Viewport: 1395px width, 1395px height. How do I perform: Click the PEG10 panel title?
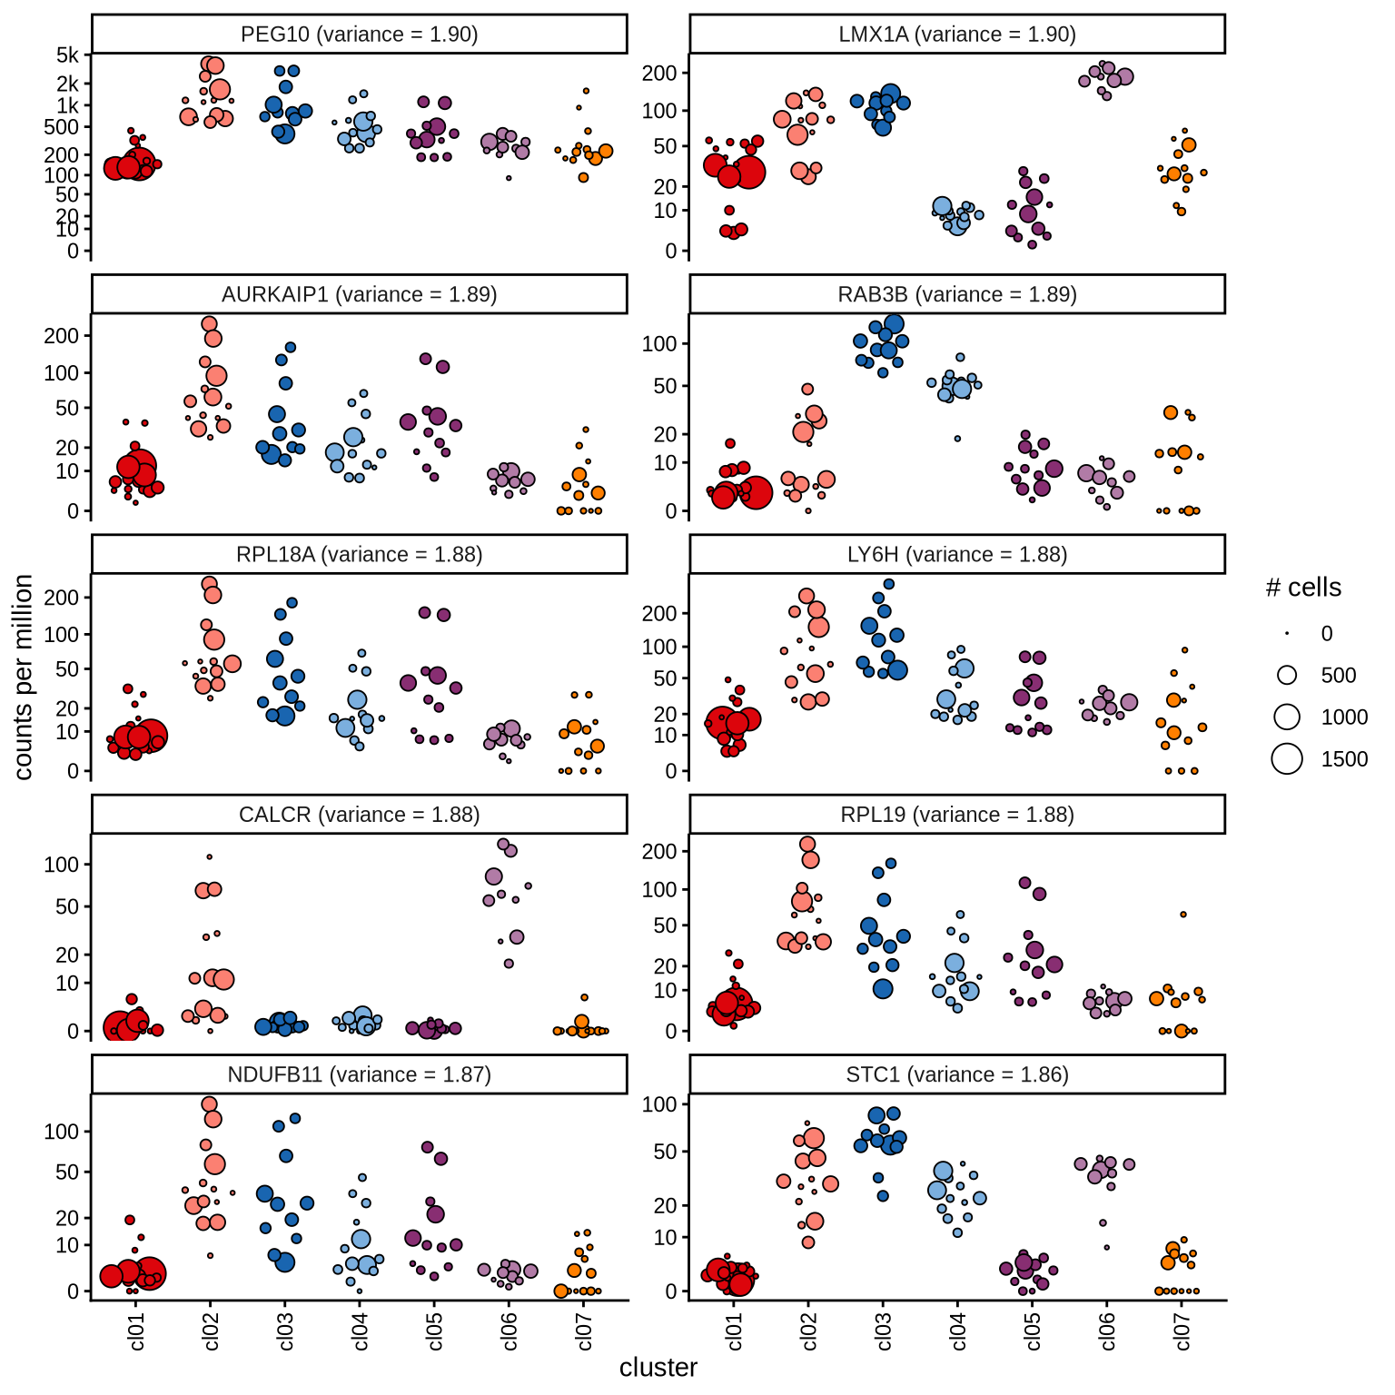click(x=359, y=35)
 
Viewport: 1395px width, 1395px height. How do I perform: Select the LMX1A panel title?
click(x=956, y=35)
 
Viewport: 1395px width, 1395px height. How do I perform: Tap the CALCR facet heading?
click(x=359, y=815)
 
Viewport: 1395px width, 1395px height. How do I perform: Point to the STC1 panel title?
click(x=956, y=1074)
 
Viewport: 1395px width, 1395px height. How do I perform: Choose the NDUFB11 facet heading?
click(x=359, y=1074)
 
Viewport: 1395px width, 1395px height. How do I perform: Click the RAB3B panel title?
click(x=956, y=294)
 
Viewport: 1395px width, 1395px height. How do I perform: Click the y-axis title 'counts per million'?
click(x=24, y=677)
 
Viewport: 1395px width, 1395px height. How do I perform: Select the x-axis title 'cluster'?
click(x=658, y=1368)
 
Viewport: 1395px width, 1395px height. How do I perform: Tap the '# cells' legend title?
click(x=1303, y=588)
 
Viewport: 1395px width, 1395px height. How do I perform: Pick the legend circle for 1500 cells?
click(x=1287, y=758)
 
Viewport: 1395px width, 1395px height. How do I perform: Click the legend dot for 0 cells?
click(x=1287, y=634)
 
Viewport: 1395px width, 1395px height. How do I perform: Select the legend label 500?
click(x=1339, y=676)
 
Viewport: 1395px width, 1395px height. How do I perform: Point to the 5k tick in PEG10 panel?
click(x=68, y=55)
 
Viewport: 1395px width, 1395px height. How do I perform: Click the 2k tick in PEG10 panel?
click(x=68, y=84)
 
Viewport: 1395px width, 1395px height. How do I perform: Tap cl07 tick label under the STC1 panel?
click(x=1182, y=1331)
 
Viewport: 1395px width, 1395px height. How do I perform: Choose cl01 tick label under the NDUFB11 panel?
click(x=136, y=1331)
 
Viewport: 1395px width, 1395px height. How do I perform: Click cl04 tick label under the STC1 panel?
click(x=959, y=1331)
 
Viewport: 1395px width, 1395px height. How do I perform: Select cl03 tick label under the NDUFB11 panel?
click(x=285, y=1331)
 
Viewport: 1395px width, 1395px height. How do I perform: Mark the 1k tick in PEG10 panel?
click(x=68, y=105)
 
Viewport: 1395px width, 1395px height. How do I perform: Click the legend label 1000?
click(x=1344, y=717)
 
